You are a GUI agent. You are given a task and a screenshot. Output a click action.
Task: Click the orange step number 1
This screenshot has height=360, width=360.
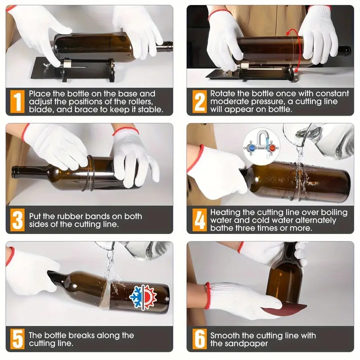[x=17, y=102]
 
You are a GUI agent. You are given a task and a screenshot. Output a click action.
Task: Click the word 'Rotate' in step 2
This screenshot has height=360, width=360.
[x=223, y=94]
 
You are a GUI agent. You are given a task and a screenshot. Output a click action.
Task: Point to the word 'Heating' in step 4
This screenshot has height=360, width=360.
[x=226, y=212]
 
